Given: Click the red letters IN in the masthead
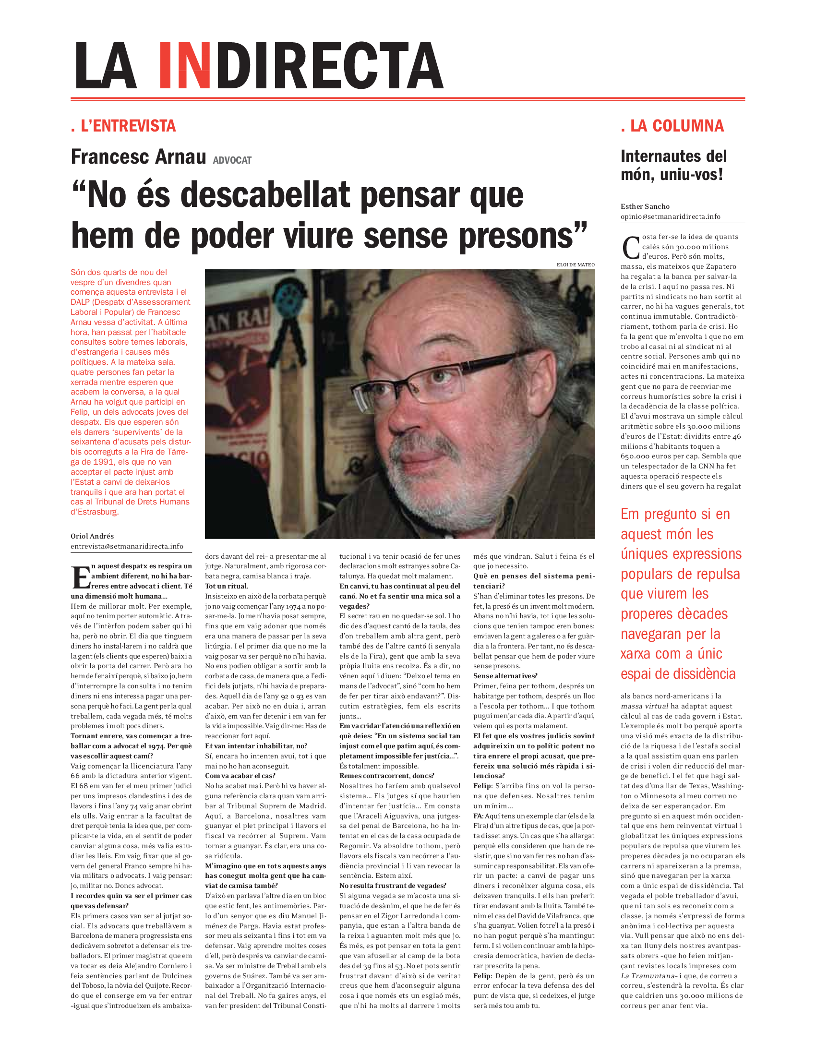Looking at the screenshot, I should point(185,66).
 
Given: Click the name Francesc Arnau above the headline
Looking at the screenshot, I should point(138,157).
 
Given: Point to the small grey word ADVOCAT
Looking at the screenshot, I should point(232,160).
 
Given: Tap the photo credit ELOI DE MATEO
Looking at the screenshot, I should point(575,264).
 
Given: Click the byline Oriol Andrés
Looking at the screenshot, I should point(92,536).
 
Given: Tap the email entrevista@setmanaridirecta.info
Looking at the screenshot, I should point(127,546).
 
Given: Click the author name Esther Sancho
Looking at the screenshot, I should point(645,206).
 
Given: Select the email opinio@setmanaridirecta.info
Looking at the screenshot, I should point(670,216).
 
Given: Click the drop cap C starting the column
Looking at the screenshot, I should point(630,248).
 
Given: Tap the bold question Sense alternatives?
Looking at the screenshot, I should point(505,676).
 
